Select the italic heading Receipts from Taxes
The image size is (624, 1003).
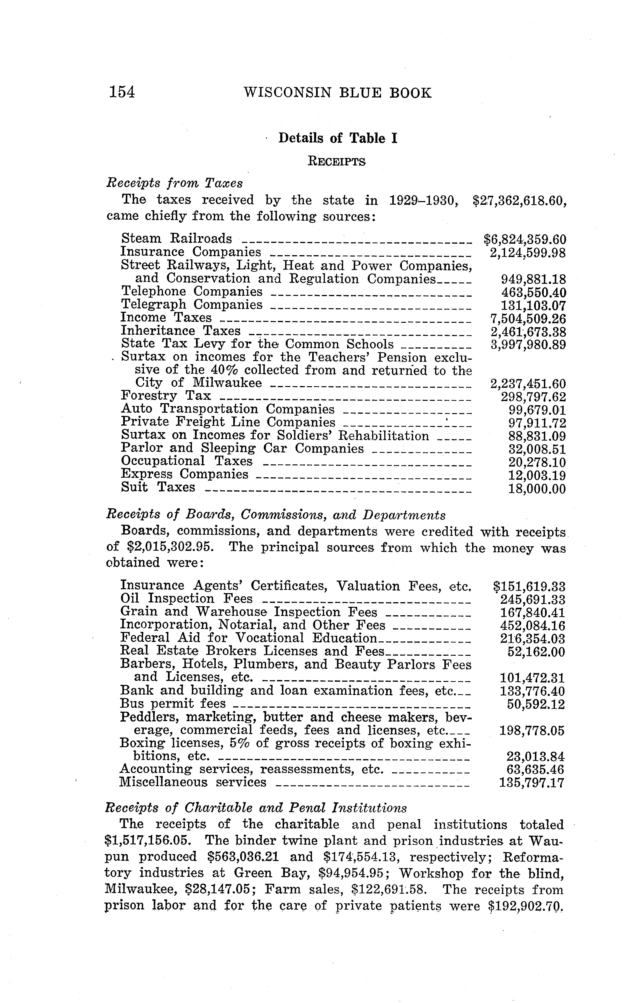coord(175,183)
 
